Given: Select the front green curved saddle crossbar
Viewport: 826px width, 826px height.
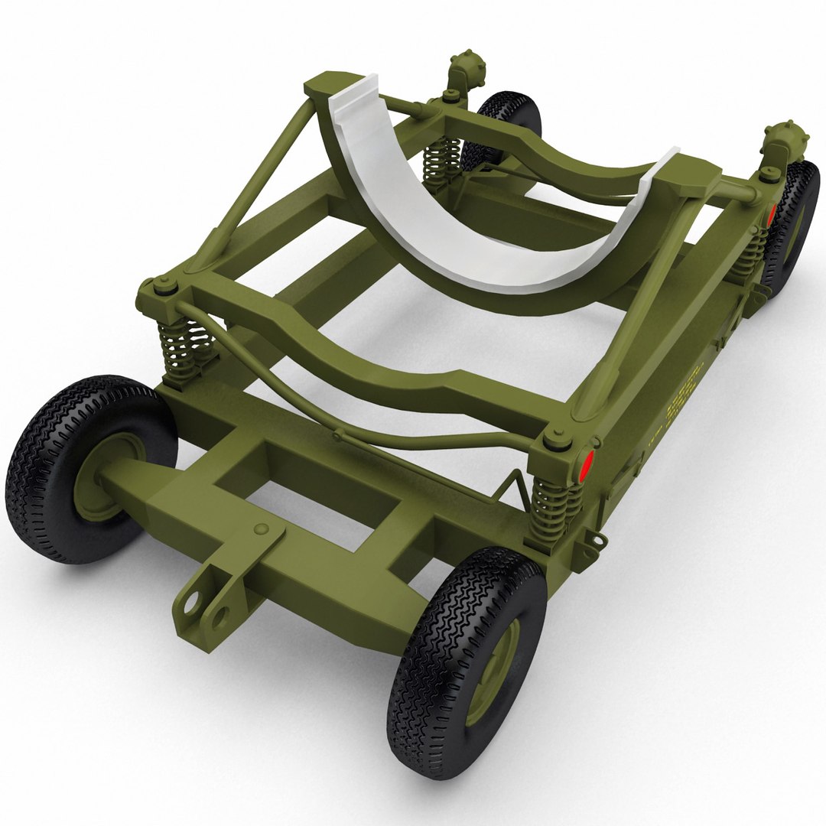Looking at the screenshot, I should (x=359, y=359).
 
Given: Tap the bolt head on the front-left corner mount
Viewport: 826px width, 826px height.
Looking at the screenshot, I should (x=164, y=289).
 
